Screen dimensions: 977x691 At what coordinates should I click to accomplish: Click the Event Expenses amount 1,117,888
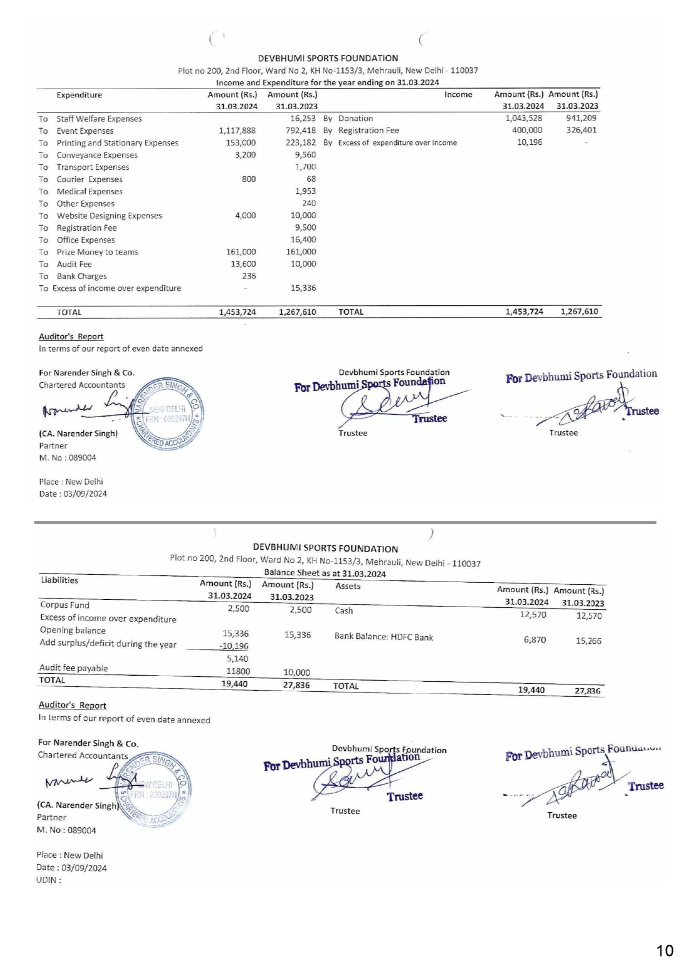[x=237, y=131]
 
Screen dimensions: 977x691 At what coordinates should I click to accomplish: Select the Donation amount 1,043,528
[x=523, y=118]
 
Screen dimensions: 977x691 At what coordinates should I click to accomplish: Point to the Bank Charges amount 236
[x=249, y=276]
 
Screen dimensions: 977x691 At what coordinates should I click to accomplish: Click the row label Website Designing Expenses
[x=109, y=216]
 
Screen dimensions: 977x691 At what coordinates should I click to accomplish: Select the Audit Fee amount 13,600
[x=243, y=264]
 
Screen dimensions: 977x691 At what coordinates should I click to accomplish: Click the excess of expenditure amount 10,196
[x=530, y=143]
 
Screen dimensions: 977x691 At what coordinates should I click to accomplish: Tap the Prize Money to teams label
[x=97, y=252]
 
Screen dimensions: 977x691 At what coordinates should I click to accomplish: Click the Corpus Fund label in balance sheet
[x=65, y=605]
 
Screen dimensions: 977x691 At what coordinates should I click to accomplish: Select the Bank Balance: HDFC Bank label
[x=384, y=637]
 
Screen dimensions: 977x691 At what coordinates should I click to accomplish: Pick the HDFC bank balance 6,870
[x=535, y=640]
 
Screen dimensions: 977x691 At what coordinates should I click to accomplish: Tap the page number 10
[x=665, y=950]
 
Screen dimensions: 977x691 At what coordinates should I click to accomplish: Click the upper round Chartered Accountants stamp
[x=169, y=414]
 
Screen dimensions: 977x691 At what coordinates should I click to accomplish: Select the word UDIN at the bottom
[x=47, y=880]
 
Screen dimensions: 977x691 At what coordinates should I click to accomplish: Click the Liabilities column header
[x=60, y=580]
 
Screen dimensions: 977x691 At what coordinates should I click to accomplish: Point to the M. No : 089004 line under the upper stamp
[x=67, y=458]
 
